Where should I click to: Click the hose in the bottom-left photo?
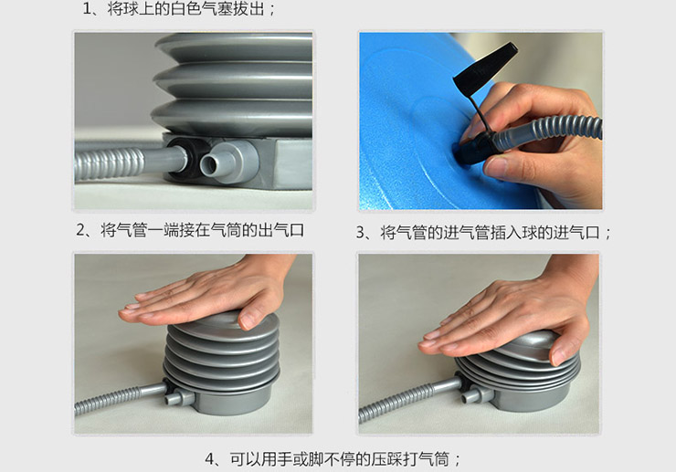click(x=121, y=399)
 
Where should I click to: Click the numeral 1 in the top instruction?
click(x=87, y=9)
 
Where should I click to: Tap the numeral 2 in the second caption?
click(x=81, y=230)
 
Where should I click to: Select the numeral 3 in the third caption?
click(x=361, y=233)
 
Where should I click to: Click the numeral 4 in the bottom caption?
click(x=210, y=459)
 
